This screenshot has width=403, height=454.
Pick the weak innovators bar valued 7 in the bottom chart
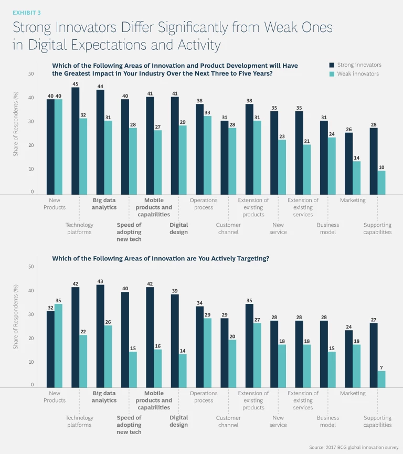point(381,379)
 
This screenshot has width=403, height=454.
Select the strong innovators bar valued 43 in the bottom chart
point(100,336)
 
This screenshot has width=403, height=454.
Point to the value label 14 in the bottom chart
point(183,350)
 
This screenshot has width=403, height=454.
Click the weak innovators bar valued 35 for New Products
point(59,345)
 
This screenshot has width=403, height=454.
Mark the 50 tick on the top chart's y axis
point(31,74)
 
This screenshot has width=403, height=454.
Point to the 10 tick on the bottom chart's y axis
point(31,362)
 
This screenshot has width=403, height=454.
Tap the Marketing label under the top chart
point(353,200)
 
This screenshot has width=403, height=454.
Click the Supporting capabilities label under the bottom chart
point(377,421)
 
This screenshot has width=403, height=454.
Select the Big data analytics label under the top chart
point(104,204)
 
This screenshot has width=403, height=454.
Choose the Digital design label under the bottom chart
point(179,421)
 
